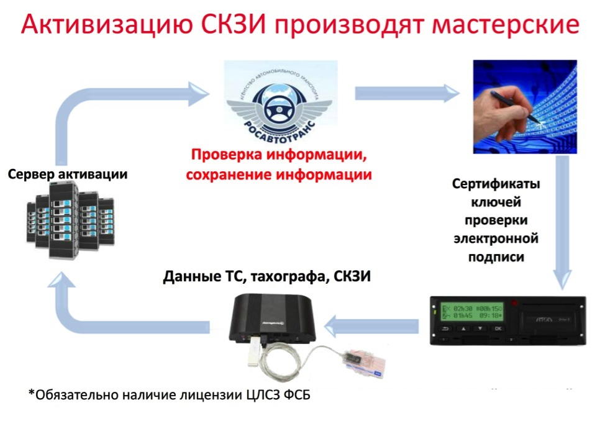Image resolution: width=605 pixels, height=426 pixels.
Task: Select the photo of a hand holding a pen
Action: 525,107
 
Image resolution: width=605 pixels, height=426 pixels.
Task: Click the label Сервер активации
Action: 68,174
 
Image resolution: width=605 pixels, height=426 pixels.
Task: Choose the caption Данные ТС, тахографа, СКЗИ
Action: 267,277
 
